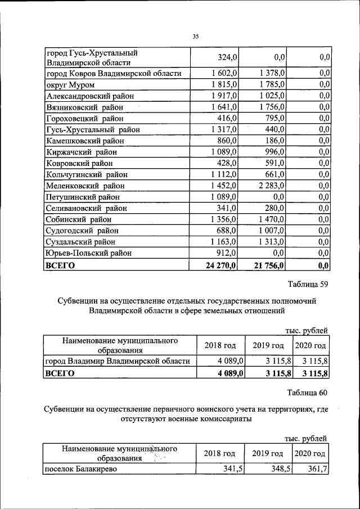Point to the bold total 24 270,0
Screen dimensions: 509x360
click(x=222, y=265)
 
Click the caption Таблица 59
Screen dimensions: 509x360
click(x=307, y=283)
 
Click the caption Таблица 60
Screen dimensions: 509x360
click(x=307, y=392)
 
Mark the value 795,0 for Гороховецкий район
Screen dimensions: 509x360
click(x=274, y=119)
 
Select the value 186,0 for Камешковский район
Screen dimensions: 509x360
click(x=274, y=141)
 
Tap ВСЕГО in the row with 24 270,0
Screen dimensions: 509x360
click(x=60, y=265)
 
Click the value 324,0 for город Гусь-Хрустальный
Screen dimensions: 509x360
click(x=228, y=57)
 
